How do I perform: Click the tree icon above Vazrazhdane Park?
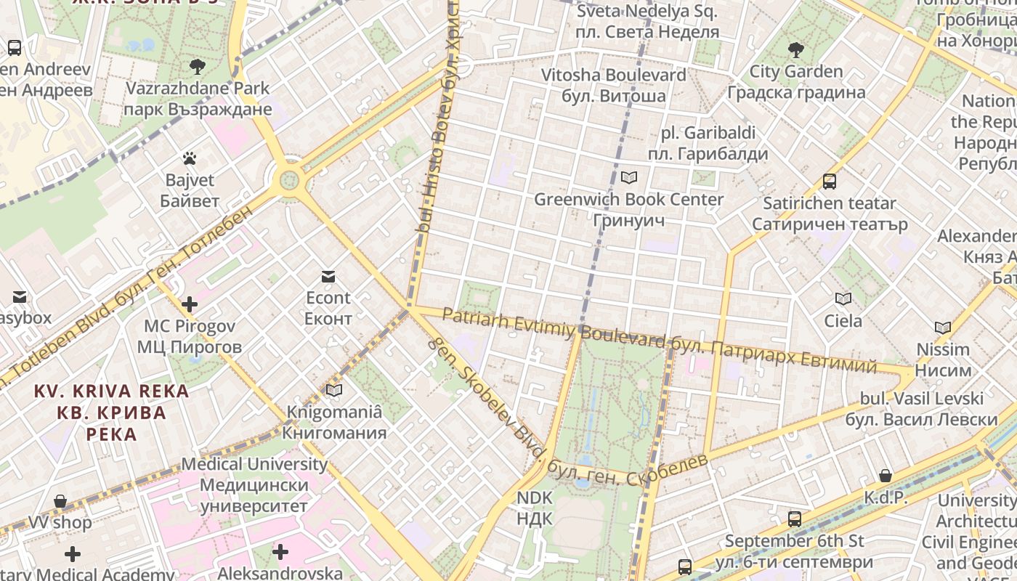tap(197, 67)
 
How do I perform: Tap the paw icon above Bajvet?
tap(190, 158)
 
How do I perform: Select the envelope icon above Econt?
tap(328, 276)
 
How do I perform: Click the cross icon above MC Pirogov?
tap(190, 304)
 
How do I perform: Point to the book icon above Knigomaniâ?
tap(334, 390)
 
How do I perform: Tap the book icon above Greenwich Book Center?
tap(629, 177)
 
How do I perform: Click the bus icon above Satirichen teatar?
tap(829, 181)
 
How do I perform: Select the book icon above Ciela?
tap(843, 298)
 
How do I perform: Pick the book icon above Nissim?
tap(943, 328)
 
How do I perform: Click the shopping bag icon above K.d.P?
tap(886, 476)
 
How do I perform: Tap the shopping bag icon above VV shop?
tap(60, 501)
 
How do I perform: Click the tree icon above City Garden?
tap(796, 49)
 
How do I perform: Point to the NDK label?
tap(535, 508)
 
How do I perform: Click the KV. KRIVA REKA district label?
tap(111, 413)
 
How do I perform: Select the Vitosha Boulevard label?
tap(614, 85)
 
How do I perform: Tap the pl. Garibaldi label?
tap(708, 143)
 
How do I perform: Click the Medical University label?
tap(254, 484)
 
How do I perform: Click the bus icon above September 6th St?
tap(795, 519)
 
